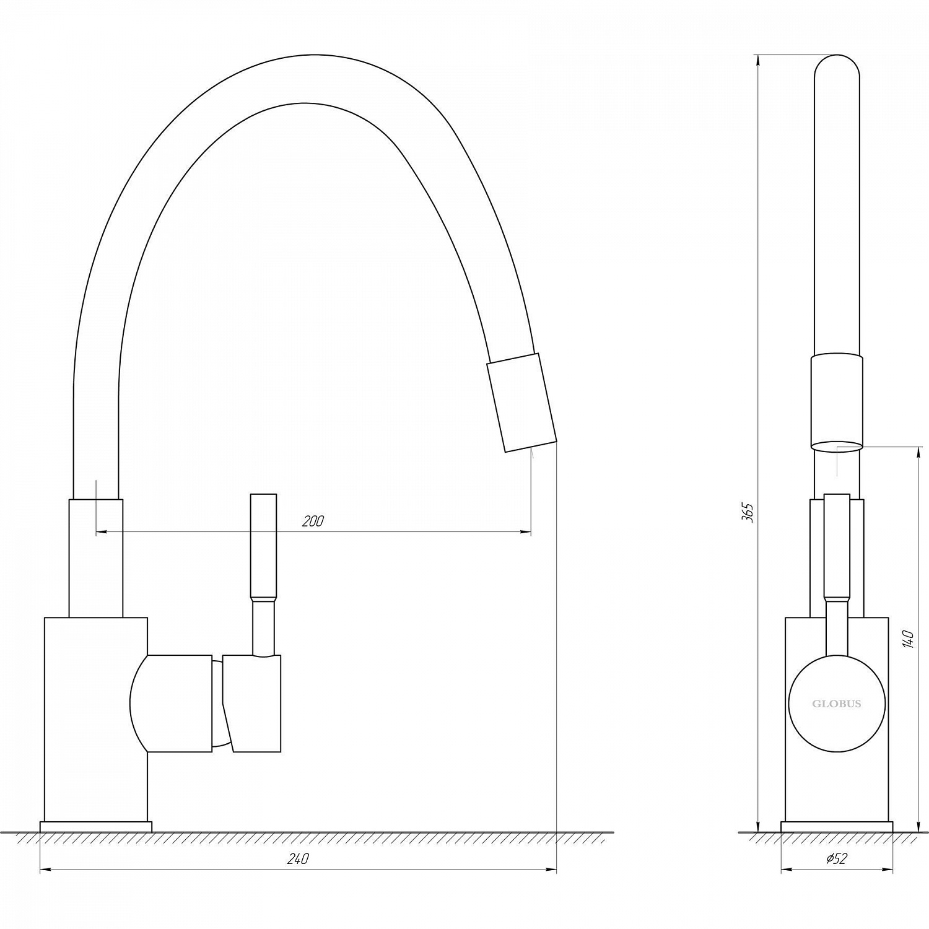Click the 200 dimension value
(x=313, y=521)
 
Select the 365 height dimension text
(x=748, y=512)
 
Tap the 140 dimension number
(x=907, y=639)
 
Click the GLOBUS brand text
(x=836, y=704)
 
